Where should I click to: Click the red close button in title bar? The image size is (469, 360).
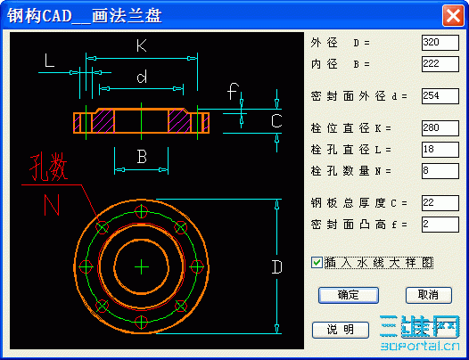(x=453, y=15)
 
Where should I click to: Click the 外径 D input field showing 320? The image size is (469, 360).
(x=440, y=43)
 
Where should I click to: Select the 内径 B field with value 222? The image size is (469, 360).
(x=440, y=64)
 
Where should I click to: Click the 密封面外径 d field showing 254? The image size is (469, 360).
(x=440, y=96)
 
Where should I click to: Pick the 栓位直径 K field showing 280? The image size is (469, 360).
(x=440, y=128)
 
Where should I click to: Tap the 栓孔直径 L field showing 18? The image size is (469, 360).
(x=440, y=150)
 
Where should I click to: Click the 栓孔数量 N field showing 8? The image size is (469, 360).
(x=440, y=171)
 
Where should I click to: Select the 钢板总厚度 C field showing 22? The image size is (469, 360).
(x=440, y=203)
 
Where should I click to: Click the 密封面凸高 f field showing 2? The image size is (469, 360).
(x=440, y=225)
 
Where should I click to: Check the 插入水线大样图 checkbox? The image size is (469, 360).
(x=317, y=263)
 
